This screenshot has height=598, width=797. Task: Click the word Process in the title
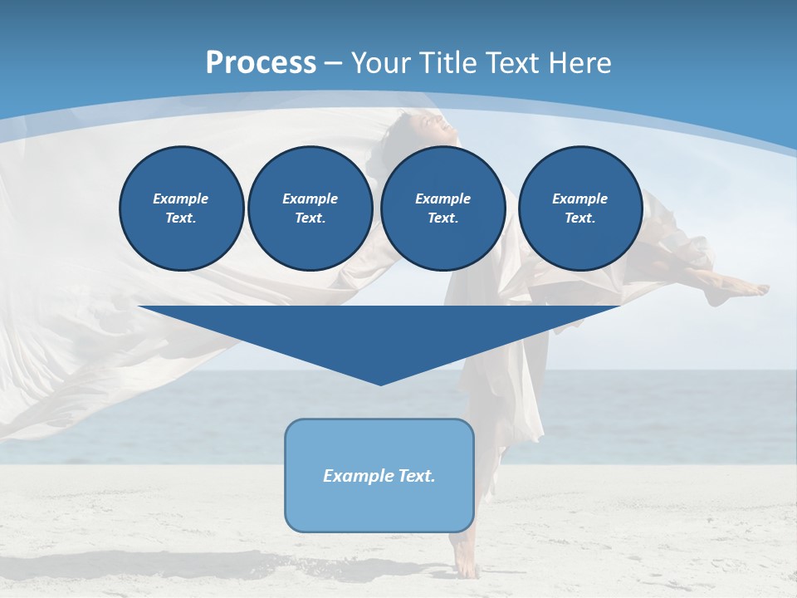pos(261,63)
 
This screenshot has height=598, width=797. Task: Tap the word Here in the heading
pos(578,63)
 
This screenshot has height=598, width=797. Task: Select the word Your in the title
pos(383,63)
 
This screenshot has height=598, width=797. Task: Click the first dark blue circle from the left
pos(181,208)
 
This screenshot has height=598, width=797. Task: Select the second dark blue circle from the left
pos(310,208)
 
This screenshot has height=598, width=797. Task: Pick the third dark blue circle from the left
pos(443,208)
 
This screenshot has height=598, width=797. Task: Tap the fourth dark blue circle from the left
pos(579,208)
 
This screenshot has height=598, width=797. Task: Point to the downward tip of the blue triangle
pos(381,382)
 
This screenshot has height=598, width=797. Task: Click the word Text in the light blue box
pos(416,476)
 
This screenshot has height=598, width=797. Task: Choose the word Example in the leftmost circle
pos(181,199)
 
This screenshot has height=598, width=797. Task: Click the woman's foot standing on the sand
pos(466,569)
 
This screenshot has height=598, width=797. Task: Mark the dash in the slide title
pos(334,63)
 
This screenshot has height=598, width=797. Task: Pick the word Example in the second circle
pos(310,199)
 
